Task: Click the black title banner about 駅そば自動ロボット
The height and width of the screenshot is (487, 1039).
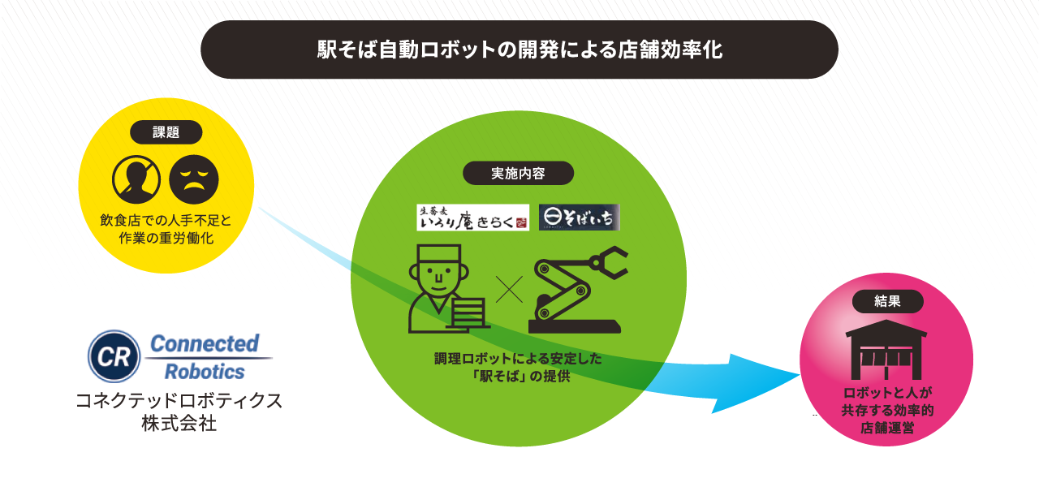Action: click(519, 50)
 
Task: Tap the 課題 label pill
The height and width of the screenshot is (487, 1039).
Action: click(166, 132)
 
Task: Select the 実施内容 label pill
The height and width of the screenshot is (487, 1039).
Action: click(518, 173)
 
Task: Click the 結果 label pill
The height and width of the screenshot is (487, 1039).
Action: click(887, 301)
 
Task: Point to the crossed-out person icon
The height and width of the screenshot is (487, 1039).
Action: click(136, 179)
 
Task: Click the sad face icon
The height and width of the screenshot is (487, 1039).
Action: click(193, 179)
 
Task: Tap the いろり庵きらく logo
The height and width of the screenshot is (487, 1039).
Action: click(472, 218)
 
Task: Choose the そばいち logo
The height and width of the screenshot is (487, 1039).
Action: click(580, 218)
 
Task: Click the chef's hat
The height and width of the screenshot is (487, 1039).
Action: click(438, 253)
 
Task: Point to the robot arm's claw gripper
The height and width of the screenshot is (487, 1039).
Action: click(609, 262)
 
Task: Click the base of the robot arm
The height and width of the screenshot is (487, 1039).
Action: click(575, 326)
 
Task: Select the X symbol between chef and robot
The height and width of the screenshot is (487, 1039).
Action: click(509, 289)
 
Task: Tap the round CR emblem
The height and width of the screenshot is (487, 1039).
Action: click(114, 356)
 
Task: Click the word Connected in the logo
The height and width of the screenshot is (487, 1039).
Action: click(204, 343)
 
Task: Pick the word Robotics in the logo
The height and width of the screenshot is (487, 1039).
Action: click(205, 372)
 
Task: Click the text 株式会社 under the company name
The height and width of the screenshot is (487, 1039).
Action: click(179, 423)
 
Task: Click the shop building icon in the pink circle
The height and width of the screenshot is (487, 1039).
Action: click(886, 350)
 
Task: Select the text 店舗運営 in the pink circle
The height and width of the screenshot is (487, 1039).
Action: click(887, 428)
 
